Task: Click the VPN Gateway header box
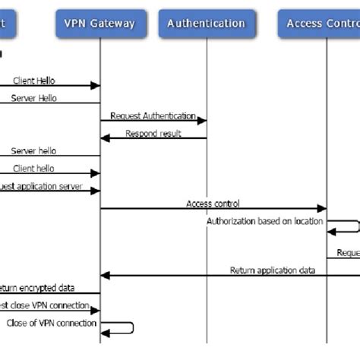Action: [x=99, y=23]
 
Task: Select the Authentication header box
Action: [x=207, y=23]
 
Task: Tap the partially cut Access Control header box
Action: [x=319, y=23]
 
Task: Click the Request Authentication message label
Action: [x=153, y=116]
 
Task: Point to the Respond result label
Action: [x=154, y=134]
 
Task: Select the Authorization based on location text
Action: [x=264, y=221]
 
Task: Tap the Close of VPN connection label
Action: [x=52, y=323]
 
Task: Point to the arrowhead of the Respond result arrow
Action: [x=106, y=138]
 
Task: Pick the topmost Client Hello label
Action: [x=33, y=81]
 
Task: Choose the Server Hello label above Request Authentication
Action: [x=33, y=98]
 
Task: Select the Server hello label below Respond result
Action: [x=33, y=151]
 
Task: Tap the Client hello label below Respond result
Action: [x=33, y=169]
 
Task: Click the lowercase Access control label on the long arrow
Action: [x=213, y=204]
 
